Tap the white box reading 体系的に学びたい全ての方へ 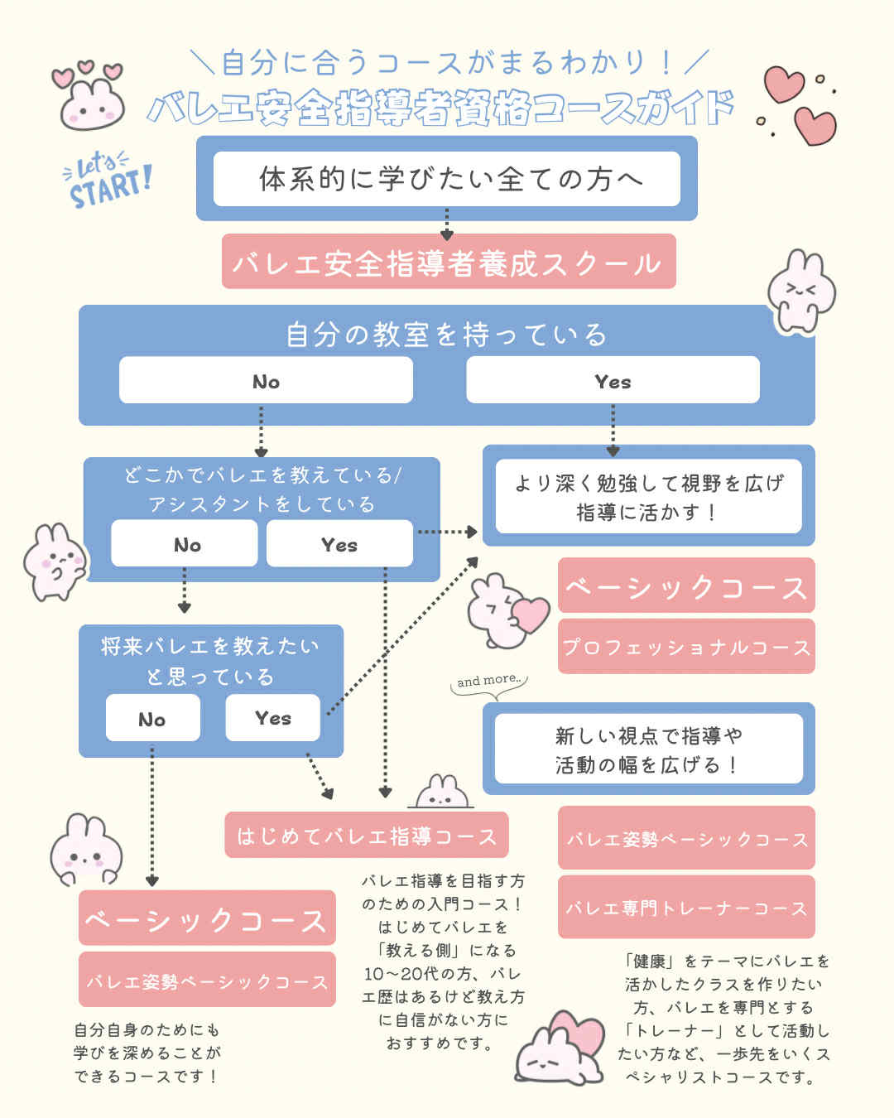click(x=447, y=178)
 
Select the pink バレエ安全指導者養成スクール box click(x=449, y=262)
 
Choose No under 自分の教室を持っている click(x=266, y=381)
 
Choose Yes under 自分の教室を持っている click(x=613, y=381)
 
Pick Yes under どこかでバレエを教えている click(x=339, y=544)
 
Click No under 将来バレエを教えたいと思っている click(x=152, y=718)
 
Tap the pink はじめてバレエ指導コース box click(x=367, y=836)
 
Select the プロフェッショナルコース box click(x=686, y=647)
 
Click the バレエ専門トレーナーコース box click(x=686, y=908)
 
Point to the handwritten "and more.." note click(x=490, y=681)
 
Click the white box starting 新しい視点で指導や click(x=648, y=749)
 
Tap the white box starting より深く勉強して click(x=648, y=497)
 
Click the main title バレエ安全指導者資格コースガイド click(x=441, y=108)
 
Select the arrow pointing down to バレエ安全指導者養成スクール click(x=447, y=224)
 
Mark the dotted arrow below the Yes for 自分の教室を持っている click(x=613, y=429)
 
